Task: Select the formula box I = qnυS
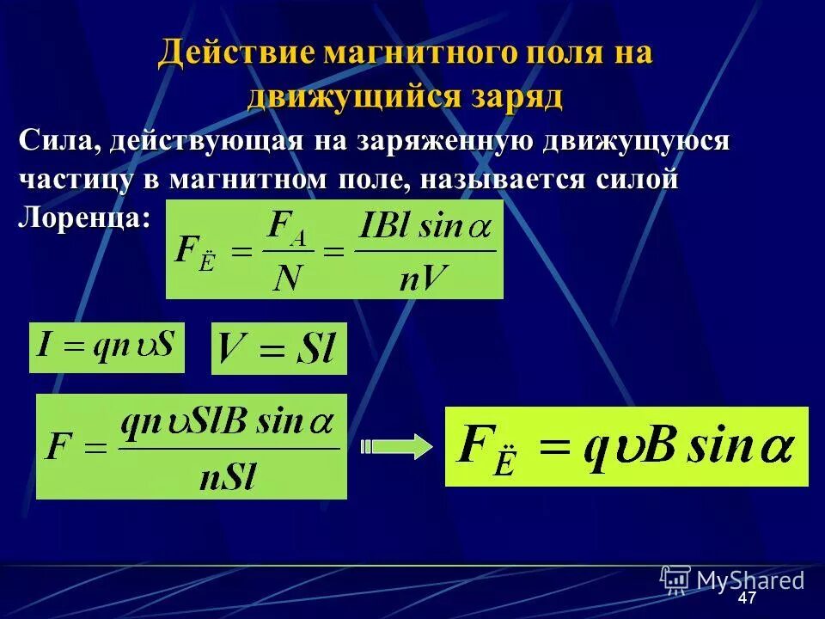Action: click(107, 347)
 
